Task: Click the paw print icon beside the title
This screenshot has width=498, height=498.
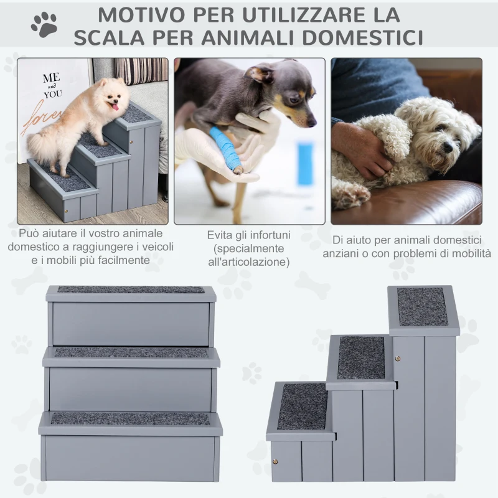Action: pos(44,24)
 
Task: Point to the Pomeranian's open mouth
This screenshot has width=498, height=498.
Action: pos(114,107)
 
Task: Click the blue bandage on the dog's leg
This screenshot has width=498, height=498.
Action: pos(225,149)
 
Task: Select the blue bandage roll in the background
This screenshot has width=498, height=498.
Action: pos(305,163)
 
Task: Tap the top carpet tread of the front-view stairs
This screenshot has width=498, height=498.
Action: pos(131,289)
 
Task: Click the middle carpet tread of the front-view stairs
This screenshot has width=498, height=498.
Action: pos(131,352)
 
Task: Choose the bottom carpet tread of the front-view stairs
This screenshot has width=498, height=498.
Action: pos(130,418)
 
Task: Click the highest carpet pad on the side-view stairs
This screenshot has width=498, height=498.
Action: pos(423,306)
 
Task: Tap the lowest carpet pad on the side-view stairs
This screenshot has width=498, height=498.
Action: pos(302,406)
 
